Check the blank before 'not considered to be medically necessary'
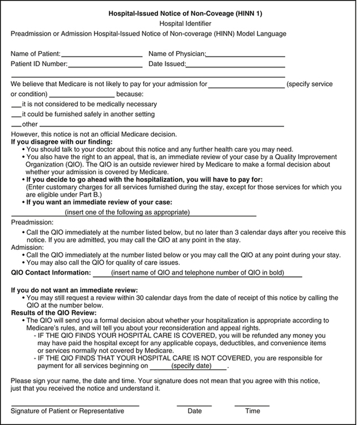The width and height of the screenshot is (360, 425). pyautogui.click(x=16, y=106)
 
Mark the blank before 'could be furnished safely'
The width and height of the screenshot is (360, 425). pyautogui.click(x=16, y=116)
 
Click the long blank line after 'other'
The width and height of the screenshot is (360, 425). pyautogui.click(x=161, y=125)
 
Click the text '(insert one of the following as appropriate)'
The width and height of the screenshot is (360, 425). pyautogui.click(x=127, y=212)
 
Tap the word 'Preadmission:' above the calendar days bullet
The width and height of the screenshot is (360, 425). pyautogui.click(x=32, y=223)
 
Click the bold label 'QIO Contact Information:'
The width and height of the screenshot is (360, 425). pyautogui.click(x=51, y=273)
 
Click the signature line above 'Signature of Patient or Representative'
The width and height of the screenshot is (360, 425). pyautogui.click(x=75, y=405)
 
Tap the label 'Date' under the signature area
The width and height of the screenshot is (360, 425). pyautogui.click(x=195, y=411)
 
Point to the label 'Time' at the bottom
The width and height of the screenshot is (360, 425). pyautogui.click(x=252, y=411)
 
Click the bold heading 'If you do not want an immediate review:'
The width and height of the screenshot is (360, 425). pyautogui.click(x=74, y=290)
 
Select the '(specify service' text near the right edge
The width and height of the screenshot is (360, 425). pyautogui.click(x=310, y=84)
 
